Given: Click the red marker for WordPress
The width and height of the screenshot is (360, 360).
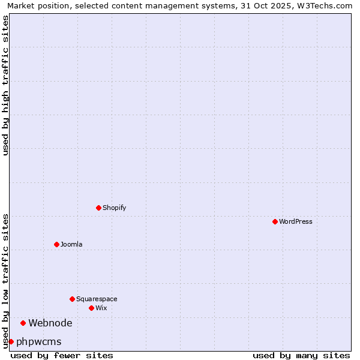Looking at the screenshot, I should tap(275, 221).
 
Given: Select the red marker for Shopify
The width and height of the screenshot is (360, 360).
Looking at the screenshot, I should tap(98, 208).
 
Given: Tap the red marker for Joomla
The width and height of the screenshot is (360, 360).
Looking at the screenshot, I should tap(56, 244).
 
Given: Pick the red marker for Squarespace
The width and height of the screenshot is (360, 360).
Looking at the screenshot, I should tap(72, 299).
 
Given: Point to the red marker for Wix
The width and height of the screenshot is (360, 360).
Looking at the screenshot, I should tap(91, 308).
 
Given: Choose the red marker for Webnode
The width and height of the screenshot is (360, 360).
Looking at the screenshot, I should tap(23, 323).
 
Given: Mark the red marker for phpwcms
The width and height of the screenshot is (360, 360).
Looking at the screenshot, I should tap(11, 341).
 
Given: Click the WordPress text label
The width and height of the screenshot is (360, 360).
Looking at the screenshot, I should tap(296, 221).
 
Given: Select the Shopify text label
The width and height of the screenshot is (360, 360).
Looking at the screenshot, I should tap(114, 208).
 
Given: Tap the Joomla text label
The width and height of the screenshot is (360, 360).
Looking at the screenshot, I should tap(71, 244).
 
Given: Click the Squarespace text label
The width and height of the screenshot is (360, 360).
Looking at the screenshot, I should tap(97, 299).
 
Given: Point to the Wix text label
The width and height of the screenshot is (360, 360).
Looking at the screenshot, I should tap(101, 308).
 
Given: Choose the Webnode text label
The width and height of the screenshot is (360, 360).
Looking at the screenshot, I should tap(50, 323).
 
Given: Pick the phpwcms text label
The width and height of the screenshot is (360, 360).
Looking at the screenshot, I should tap(39, 341).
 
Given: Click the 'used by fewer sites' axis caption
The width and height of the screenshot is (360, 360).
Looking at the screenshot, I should tap(62, 355).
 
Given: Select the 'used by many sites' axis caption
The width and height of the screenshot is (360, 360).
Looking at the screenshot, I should tap(301, 355).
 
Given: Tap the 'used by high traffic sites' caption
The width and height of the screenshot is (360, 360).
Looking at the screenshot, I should tap(5, 85).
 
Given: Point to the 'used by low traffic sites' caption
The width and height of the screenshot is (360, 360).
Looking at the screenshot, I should tap(5, 280).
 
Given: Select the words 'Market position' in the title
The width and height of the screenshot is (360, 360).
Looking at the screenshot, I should tap(35, 5).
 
